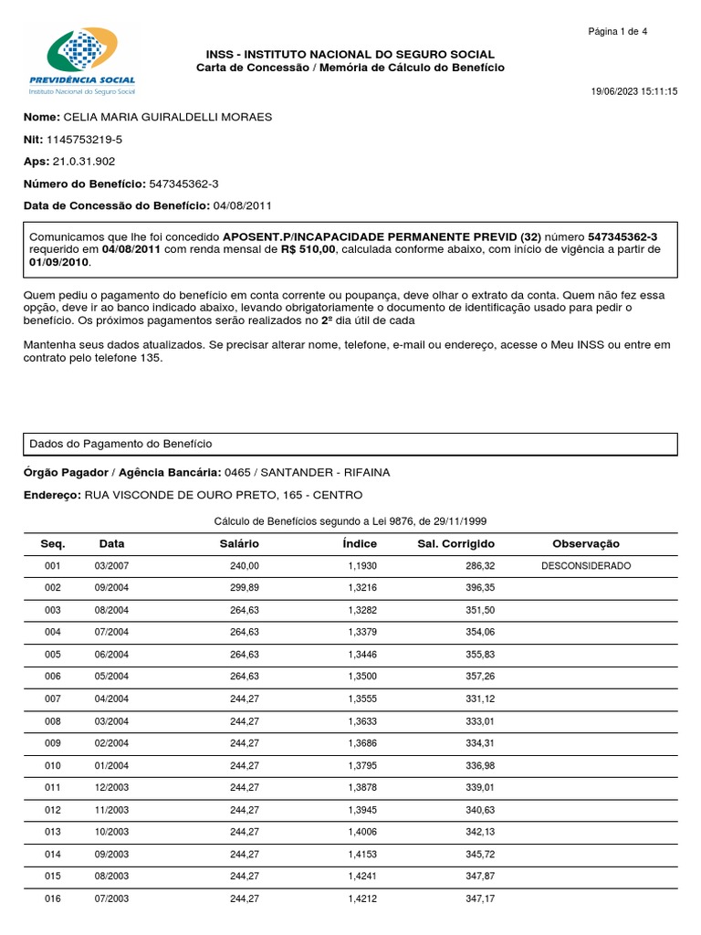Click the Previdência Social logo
pyautogui.click(x=82, y=62)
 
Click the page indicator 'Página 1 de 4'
pyautogui.click(x=618, y=32)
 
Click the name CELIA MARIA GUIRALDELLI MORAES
pyautogui.click(x=168, y=118)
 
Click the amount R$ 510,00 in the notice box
pyautogui.click(x=309, y=249)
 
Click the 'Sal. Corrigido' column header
pyautogui.click(x=455, y=544)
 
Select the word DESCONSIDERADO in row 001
pyautogui.click(x=586, y=566)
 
